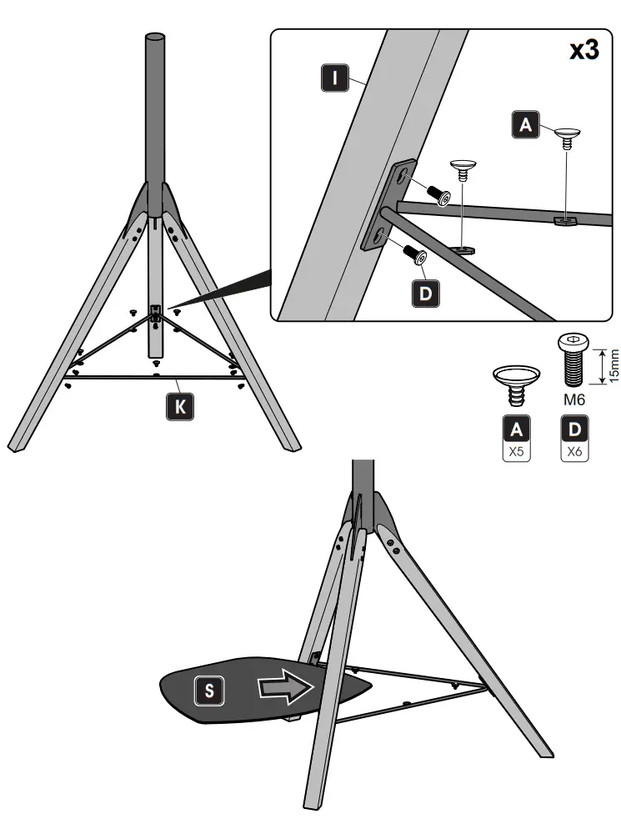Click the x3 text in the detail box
[x=583, y=50]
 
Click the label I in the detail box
[x=333, y=79]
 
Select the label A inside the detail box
[x=524, y=124]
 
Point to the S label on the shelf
[x=209, y=690]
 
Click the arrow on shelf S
[x=284, y=686]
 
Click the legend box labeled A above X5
[x=517, y=430]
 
